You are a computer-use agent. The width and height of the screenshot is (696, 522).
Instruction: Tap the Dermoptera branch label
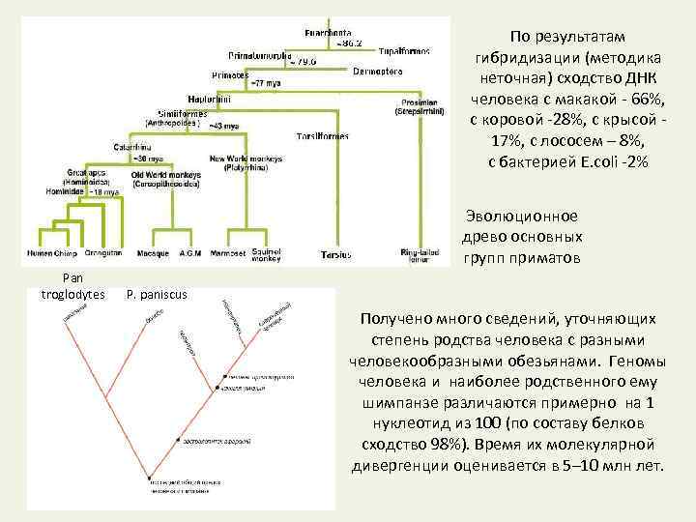[x=377, y=72]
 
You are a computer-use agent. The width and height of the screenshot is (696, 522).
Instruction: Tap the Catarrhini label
[x=134, y=147]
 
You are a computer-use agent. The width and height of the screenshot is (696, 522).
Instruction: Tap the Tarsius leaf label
[x=335, y=254]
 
